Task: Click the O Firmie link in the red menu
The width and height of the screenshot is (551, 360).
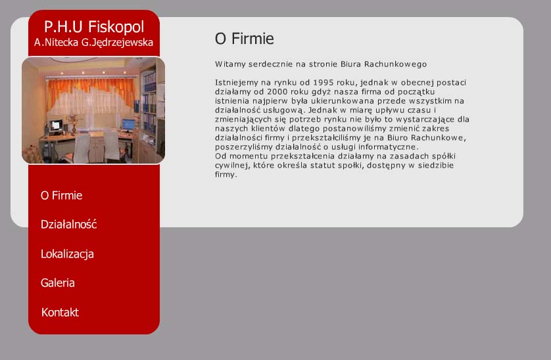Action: coord(62,195)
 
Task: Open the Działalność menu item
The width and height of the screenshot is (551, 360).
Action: coord(68,224)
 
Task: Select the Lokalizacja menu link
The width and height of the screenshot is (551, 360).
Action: coord(67,254)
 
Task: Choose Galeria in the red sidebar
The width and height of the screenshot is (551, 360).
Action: coord(58,282)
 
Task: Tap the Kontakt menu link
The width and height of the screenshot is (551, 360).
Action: coord(60,312)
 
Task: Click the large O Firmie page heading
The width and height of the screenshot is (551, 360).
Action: coord(244,38)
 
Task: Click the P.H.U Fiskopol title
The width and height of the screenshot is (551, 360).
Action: coord(94,27)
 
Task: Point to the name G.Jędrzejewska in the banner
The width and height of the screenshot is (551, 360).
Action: coord(117,43)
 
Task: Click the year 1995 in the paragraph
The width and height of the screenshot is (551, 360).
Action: coord(323,83)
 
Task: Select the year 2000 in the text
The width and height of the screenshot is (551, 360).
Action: coord(277,92)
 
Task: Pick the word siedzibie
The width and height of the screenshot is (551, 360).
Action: coord(436,165)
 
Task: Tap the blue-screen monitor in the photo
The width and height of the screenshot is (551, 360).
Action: coord(128,125)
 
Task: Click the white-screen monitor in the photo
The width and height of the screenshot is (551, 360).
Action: coord(55,125)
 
